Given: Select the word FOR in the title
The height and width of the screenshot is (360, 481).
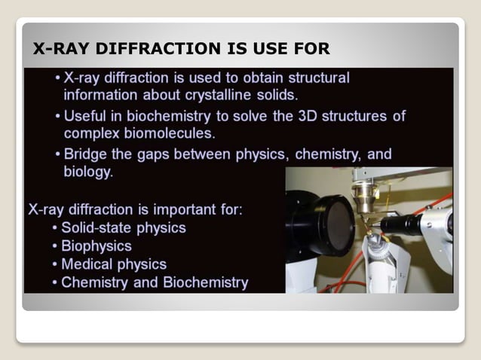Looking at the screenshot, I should pyautogui.click(x=309, y=50).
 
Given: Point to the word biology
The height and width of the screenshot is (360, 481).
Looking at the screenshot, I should pyautogui.click(x=87, y=172).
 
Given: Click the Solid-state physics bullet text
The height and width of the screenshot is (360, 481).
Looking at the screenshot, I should pyautogui.click(x=124, y=227).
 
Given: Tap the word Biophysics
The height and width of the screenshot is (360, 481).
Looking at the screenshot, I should pyautogui.click(x=97, y=246).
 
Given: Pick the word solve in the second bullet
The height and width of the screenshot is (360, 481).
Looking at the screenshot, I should pyautogui.click(x=266, y=117).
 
